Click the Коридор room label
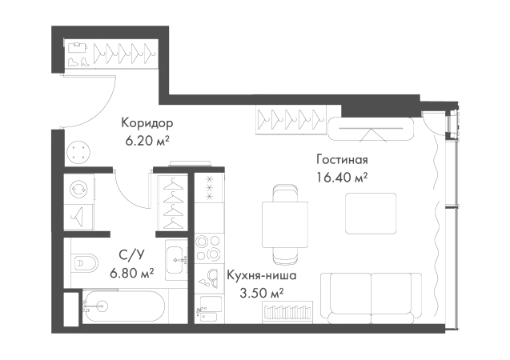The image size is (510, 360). pos(147,122)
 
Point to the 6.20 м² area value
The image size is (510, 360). pos(147,140)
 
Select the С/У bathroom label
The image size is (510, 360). pos(133,257)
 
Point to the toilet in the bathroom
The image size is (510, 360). pos(84,261)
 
